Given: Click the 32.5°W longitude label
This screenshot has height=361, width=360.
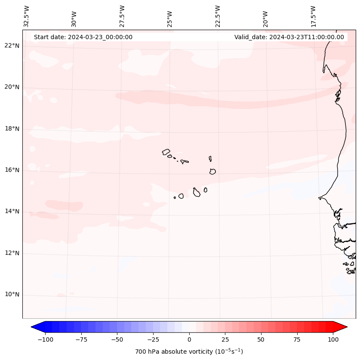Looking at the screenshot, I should (x=27, y=16).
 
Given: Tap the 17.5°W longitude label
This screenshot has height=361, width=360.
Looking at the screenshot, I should (x=313, y=16).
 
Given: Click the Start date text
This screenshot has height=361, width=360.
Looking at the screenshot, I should (x=83, y=37).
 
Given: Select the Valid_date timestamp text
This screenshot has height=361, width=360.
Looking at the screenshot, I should (x=289, y=37).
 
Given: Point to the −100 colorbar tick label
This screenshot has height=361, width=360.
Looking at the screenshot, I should (x=45, y=339).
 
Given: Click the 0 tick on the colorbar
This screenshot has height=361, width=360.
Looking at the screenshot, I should (x=189, y=339).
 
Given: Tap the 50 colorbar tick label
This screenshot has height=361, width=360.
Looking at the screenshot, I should (x=261, y=339).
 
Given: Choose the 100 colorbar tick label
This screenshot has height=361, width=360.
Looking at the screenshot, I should (x=333, y=339).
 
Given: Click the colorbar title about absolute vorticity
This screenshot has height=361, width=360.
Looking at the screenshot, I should (x=189, y=352).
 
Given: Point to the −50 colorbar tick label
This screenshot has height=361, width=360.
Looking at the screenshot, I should (x=117, y=339).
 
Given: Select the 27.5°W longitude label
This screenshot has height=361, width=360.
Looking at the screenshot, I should (x=122, y=16).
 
